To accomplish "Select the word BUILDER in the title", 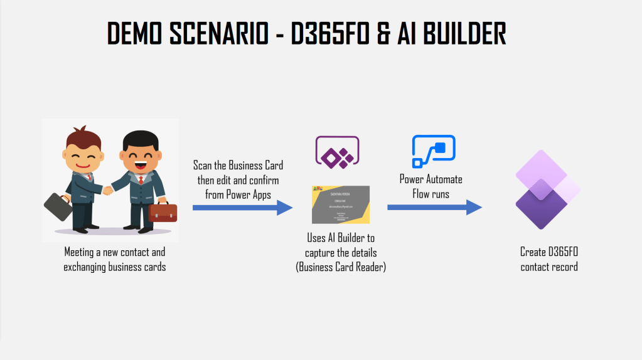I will (x=464, y=33).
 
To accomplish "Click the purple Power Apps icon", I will (x=337, y=152).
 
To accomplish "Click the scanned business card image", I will (x=341, y=204).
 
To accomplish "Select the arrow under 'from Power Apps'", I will (x=242, y=208).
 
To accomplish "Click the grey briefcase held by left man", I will (x=57, y=204).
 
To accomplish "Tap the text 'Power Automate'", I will (x=431, y=179).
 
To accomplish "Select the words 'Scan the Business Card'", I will (x=238, y=166).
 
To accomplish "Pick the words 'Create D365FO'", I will (x=548, y=252).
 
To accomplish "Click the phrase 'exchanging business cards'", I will (x=114, y=267).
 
